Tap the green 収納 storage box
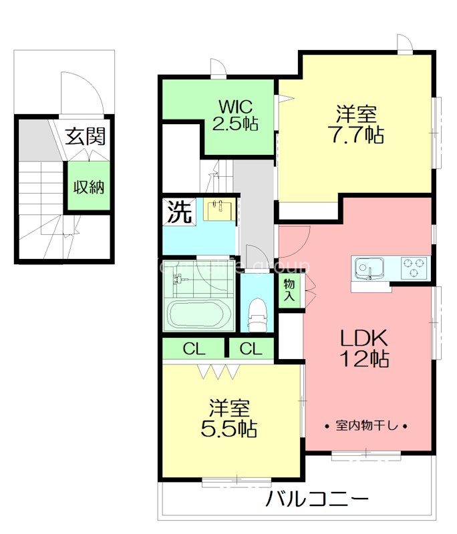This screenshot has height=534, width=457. pos(88,187)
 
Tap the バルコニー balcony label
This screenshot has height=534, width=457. pos(317,499)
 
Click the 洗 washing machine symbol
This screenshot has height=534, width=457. pos(178,212)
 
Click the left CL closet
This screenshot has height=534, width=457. pos(194,348)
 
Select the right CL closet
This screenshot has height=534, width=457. pos(251,348)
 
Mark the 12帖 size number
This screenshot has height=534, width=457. pos(365,360)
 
